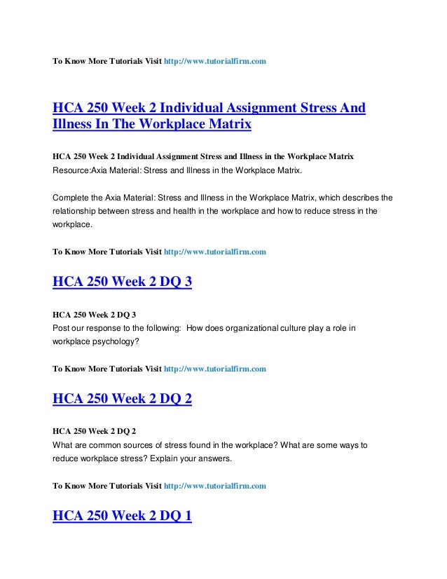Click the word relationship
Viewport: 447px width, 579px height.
pyautogui.click(x=77, y=212)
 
